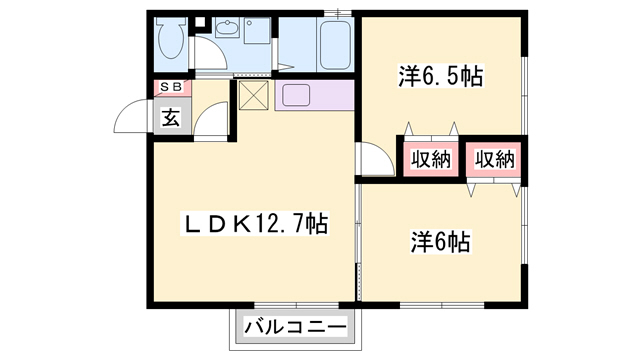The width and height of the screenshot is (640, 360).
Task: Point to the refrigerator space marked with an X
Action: click(252, 97)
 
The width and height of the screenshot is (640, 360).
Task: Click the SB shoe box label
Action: click(171, 88)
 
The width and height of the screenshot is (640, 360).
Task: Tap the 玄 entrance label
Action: click(171, 118)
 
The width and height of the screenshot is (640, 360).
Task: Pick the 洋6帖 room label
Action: click(441, 241)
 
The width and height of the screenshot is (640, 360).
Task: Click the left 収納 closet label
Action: click(430, 159)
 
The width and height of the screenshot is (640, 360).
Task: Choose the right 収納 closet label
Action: click(493, 159)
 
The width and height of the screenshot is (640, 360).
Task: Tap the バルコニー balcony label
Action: click(296, 326)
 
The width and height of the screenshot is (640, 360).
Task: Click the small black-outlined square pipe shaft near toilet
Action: click(198, 21)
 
